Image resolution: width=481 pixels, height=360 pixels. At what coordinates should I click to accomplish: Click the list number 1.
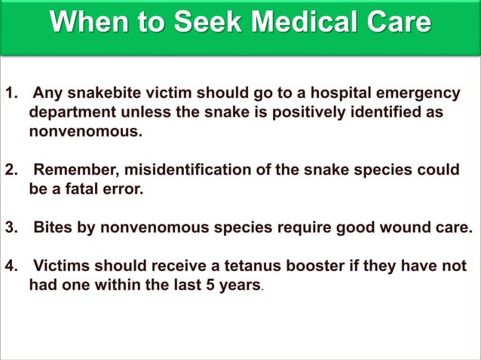(10, 94)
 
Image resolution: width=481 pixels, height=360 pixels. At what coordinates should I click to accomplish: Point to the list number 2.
(11, 170)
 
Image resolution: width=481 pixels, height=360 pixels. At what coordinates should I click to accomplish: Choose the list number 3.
(11, 228)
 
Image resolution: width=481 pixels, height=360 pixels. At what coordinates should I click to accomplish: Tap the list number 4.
(11, 267)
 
